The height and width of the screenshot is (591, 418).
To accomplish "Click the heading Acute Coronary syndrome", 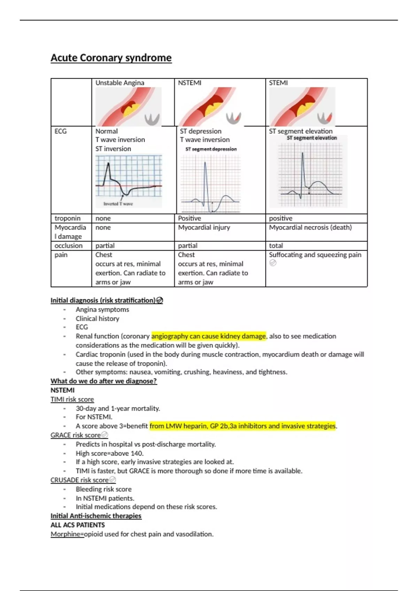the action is [x=111, y=58].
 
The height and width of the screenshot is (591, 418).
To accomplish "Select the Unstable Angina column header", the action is [x=120, y=83].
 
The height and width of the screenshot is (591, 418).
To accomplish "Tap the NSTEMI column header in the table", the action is [x=189, y=83].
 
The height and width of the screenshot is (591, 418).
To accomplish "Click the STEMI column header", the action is [x=278, y=83].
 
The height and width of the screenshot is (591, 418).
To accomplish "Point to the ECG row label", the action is [x=61, y=131].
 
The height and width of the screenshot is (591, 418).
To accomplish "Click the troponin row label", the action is [x=68, y=218].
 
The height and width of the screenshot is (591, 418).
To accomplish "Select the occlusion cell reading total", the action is [x=276, y=246].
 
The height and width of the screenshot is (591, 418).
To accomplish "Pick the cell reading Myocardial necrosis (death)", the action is [x=310, y=227].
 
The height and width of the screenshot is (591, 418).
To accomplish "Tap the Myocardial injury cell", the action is [x=204, y=227].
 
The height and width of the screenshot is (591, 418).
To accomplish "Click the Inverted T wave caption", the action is [x=118, y=204].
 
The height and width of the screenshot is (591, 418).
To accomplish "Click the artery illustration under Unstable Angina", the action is [x=129, y=107].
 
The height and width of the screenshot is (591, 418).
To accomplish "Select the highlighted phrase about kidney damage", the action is [x=209, y=336].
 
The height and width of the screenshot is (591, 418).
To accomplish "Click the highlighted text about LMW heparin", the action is [x=242, y=426].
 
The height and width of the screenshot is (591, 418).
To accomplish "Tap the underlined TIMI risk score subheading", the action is [x=72, y=399].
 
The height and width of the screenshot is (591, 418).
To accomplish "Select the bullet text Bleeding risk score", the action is [x=104, y=489].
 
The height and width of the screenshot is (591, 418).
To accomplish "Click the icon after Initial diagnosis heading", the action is [x=160, y=300].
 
